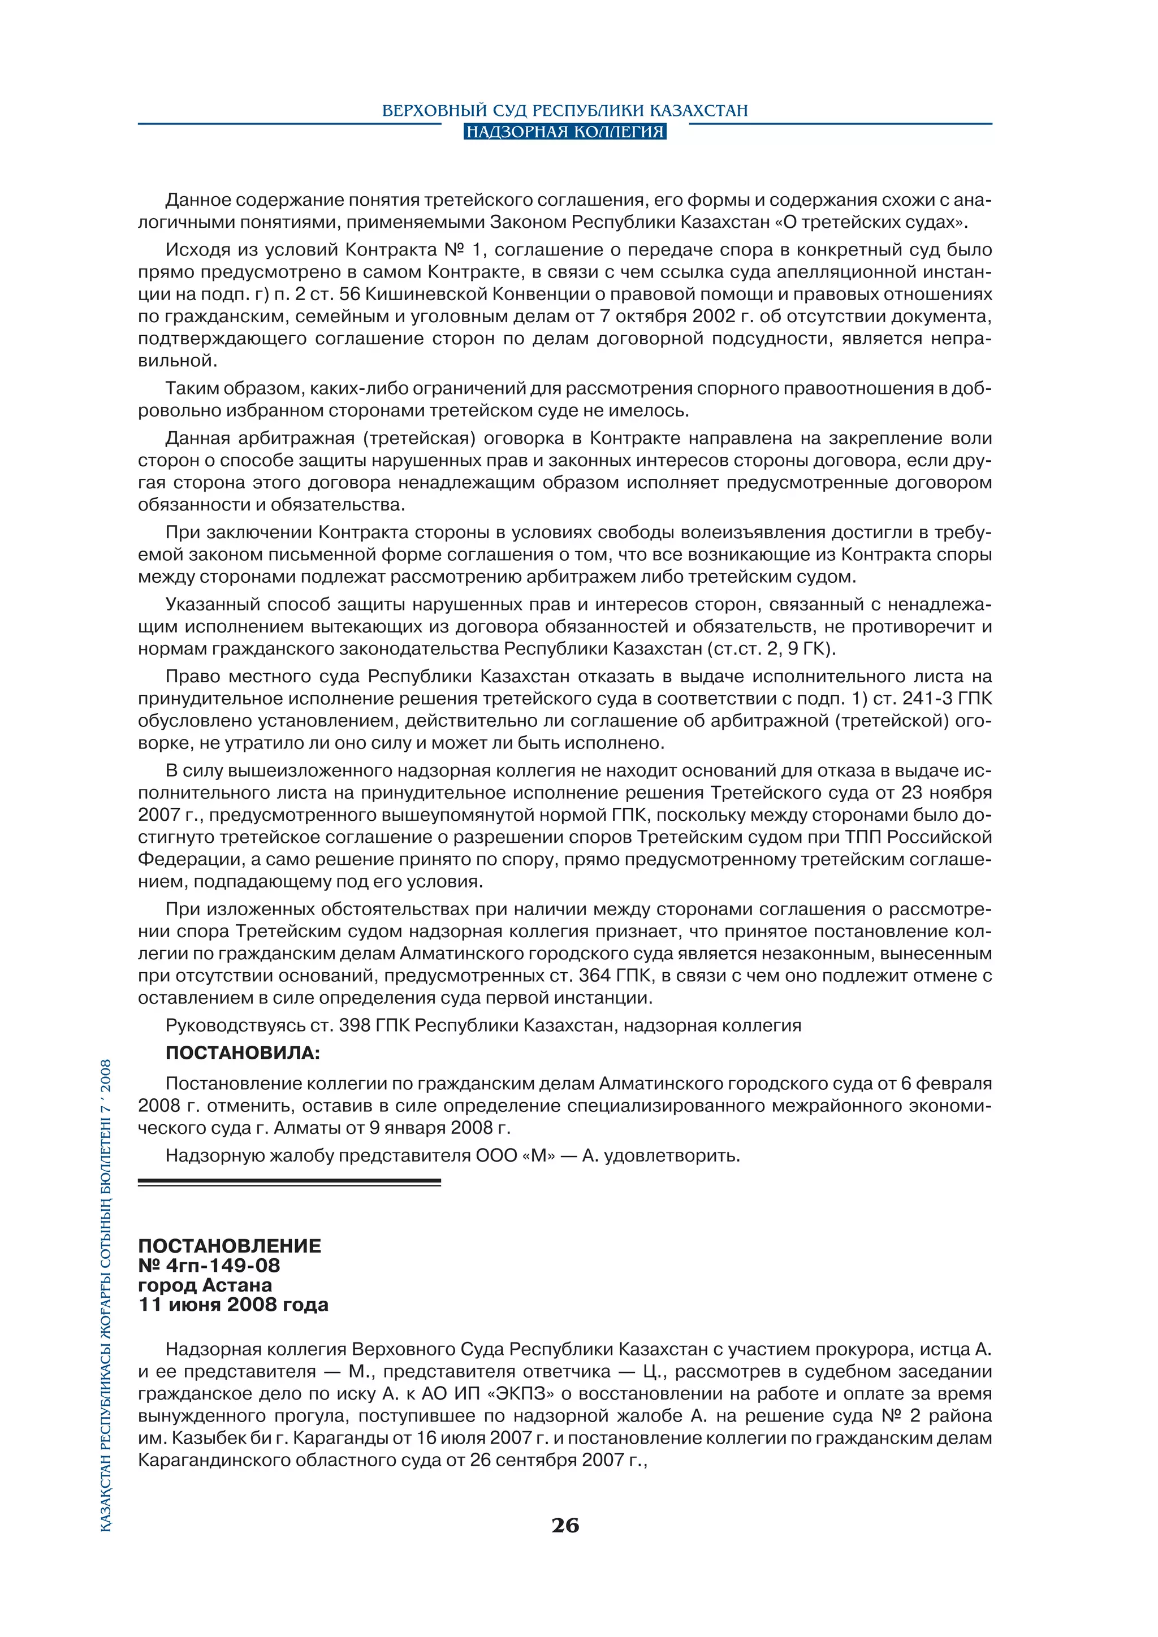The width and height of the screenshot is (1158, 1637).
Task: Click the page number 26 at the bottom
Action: (565, 1526)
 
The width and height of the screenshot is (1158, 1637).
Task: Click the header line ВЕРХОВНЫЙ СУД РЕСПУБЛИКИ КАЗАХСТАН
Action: (565, 111)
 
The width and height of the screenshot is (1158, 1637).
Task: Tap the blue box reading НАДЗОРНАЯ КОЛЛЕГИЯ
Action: (565, 132)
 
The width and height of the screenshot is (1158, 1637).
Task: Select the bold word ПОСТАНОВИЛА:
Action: (243, 1053)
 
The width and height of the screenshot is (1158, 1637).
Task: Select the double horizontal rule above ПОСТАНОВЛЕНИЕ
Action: (289, 1182)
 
